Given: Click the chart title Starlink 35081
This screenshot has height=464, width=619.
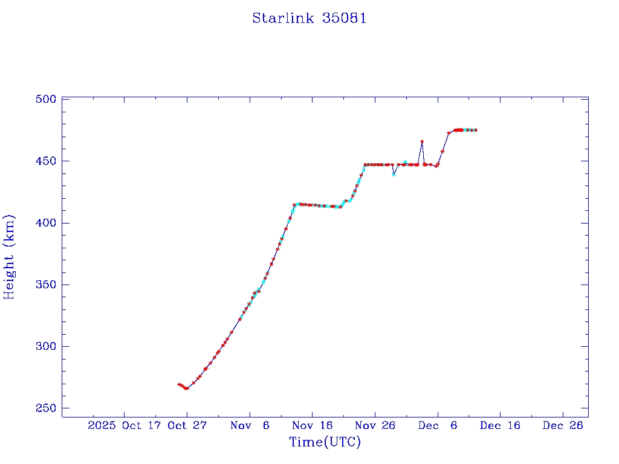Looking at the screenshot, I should tap(309, 18).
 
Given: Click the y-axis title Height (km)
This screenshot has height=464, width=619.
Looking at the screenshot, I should tap(9, 257).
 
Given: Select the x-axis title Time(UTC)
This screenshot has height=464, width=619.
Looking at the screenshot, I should tap(325, 442).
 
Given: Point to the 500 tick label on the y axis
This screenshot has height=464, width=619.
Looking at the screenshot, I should tap(46, 100).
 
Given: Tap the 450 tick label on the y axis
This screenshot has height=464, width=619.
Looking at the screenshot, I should tap(46, 161).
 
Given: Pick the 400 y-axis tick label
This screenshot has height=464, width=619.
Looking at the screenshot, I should tap(46, 223).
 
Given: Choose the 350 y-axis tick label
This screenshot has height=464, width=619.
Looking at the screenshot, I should tap(46, 285).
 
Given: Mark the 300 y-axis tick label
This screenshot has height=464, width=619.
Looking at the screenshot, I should tap(46, 346).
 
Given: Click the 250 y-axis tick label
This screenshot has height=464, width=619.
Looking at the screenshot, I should tap(46, 408).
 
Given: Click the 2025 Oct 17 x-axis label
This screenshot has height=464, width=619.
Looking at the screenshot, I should tap(126, 425).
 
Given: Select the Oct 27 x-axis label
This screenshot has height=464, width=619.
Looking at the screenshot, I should tap(187, 425).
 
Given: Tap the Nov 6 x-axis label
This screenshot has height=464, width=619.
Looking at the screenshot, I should tap(250, 425).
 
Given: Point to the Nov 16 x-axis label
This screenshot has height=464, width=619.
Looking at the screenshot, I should tap(313, 425).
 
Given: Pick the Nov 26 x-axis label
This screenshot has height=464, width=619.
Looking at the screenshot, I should tap(375, 425).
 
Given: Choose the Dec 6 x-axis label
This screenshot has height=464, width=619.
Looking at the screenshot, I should tap(438, 425).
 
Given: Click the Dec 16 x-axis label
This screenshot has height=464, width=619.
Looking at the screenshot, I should tap(500, 425).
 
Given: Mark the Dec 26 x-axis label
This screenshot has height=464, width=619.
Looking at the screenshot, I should tap(563, 425).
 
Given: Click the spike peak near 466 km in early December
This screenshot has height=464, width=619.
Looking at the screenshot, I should tap(422, 141).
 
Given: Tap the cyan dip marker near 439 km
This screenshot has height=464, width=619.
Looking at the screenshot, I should tap(394, 175).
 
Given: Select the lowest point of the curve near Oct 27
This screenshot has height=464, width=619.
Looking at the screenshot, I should tap(186, 388).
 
